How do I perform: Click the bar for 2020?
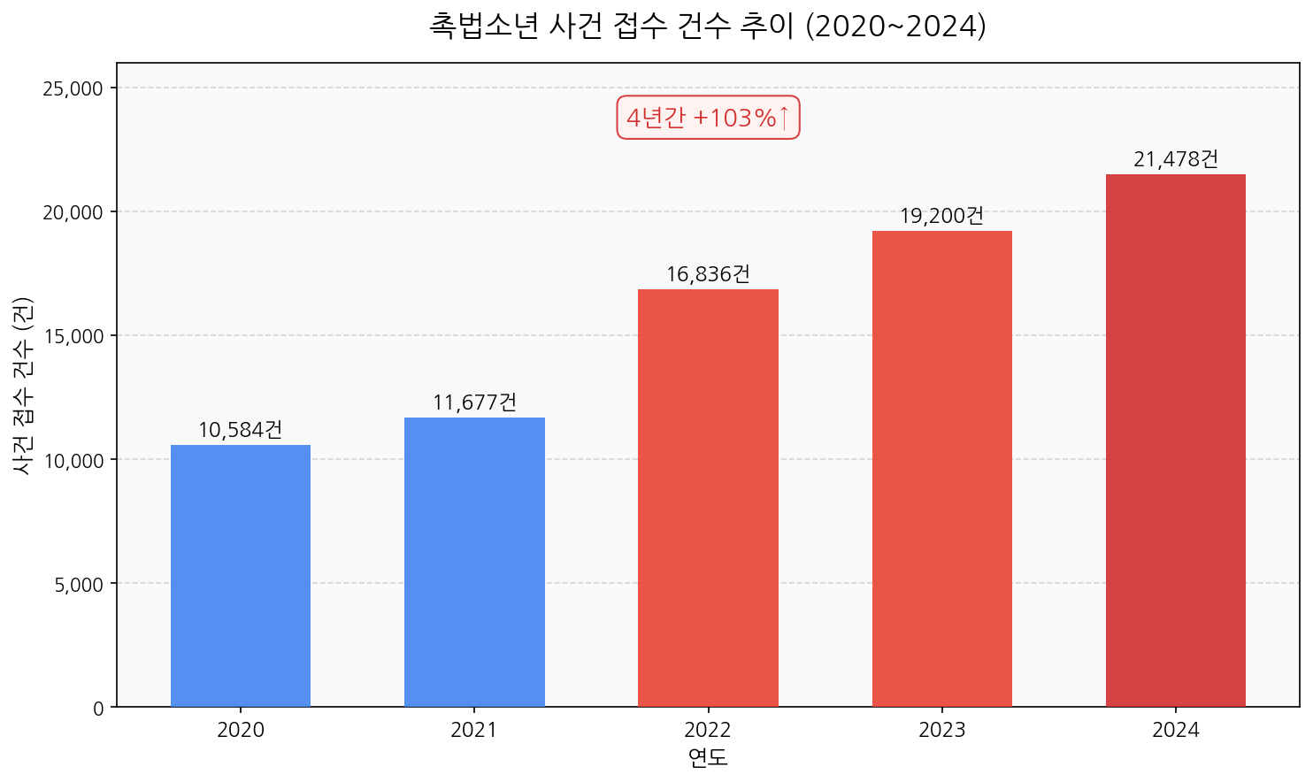241,576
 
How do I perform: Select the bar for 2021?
474,563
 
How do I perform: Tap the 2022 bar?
708,498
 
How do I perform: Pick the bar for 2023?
941,469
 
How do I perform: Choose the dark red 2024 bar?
1175,441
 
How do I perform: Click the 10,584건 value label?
241,430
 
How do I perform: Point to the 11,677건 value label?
474,402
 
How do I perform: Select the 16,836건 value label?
708,274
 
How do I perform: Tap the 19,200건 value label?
941,216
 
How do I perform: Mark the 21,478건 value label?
1175,159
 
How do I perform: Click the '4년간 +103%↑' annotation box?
708,118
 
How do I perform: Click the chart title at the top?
708,26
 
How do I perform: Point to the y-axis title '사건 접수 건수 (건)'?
24,385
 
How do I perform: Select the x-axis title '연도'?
708,758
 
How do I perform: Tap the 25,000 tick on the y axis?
73,88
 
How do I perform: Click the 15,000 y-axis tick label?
73,336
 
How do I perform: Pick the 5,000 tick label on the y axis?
79,584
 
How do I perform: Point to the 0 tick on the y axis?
98,708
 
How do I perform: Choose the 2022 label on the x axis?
708,731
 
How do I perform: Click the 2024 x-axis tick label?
1175,731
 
